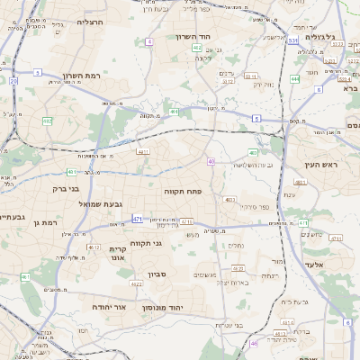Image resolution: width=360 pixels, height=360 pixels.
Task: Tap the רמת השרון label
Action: click(85, 76)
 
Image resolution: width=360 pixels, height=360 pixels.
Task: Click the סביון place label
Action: click(147, 274)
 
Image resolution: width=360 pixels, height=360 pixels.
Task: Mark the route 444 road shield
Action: click(295, 79)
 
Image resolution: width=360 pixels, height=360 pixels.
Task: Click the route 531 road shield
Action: click(294, 40)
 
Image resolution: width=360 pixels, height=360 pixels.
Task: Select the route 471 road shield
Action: click(138, 219)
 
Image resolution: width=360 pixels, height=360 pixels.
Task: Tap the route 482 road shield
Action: click(48, 120)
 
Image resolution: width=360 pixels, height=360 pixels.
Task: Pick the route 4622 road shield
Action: click(137, 283)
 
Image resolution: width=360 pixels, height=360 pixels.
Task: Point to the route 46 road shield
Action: click(255, 343)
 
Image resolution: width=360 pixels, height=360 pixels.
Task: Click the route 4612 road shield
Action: click(93, 246)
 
